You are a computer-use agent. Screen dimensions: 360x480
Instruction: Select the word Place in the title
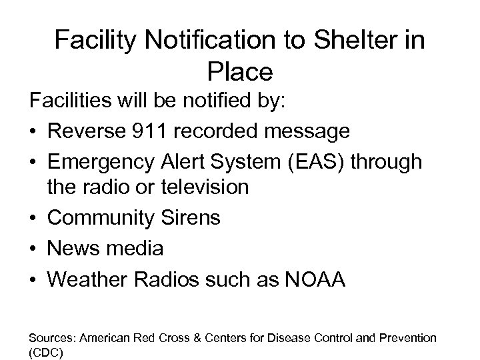click(x=239, y=70)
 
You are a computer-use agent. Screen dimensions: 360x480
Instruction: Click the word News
click(x=71, y=249)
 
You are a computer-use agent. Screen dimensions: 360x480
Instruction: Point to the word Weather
click(x=90, y=279)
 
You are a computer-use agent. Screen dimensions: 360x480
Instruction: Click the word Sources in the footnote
click(x=47, y=339)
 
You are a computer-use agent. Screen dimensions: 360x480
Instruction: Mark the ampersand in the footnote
click(x=201, y=339)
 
